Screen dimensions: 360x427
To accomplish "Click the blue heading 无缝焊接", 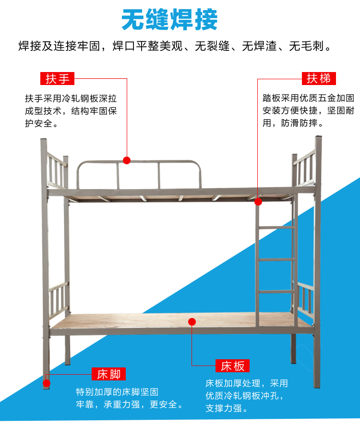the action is pos(169,20).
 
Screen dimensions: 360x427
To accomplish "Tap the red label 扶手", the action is pos(58,79).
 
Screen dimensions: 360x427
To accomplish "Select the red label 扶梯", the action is pos(319,79).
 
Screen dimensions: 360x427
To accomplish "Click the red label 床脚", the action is pos(108,374).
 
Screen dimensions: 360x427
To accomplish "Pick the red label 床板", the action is pos(232,366).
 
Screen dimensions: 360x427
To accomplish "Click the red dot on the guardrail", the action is pos(127,160).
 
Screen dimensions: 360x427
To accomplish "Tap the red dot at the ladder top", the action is pos(258,201).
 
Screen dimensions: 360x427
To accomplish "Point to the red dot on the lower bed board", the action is pos(192,322).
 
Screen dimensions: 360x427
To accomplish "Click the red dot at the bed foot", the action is pos(46,383).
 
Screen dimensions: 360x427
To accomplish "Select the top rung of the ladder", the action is pos(276,227).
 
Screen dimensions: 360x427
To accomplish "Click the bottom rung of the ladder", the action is pos(276,292).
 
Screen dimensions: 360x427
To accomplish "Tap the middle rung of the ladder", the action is pos(276,259).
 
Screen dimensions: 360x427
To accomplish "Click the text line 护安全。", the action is pos(42,124).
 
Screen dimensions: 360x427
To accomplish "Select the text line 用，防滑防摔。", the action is pos(293,123).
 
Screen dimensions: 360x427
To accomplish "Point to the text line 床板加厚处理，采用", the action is pos(247,383).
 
